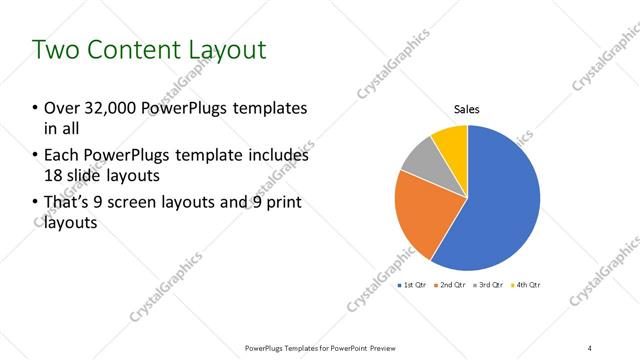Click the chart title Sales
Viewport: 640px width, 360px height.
click(x=468, y=109)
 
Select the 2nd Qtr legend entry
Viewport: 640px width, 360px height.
click(x=451, y=286)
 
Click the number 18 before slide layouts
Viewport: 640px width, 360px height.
click(x=54, y=176)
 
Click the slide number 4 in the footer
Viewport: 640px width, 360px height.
click(x=590, y=347)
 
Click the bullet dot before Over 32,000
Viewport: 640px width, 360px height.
click(x=36, y=108)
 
